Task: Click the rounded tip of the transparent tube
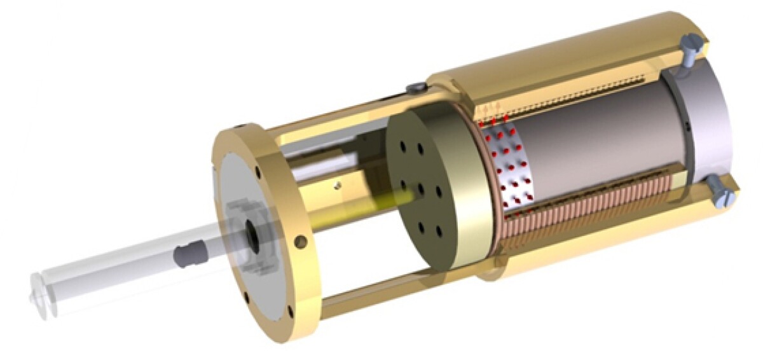point(39,293)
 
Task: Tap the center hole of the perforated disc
point(420,190)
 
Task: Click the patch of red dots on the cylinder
point(509,165)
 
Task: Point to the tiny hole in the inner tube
point(338,186)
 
